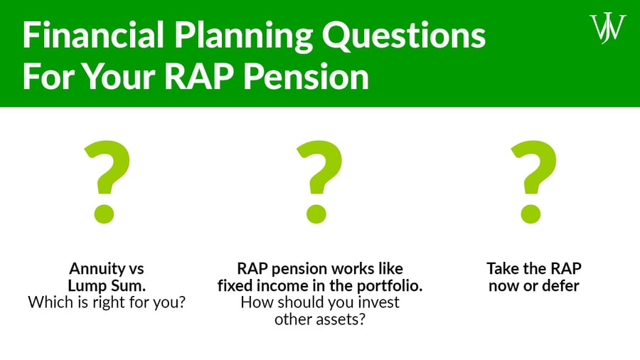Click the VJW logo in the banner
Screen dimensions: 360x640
608,28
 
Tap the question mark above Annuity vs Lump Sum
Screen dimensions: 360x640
107,181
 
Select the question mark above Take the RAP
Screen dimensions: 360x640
534,181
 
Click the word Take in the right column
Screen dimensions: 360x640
502,269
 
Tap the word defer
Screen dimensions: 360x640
560,285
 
